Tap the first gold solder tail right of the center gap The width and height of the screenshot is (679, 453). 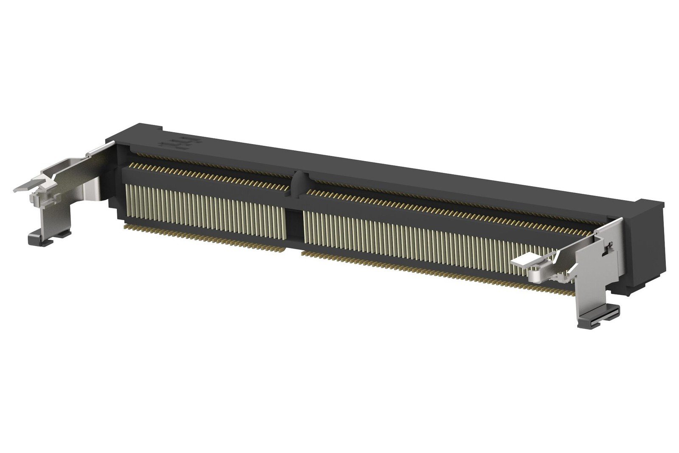point(302,253)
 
